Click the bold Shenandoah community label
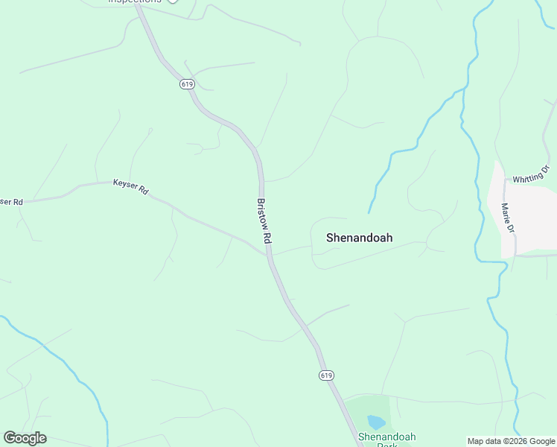359,238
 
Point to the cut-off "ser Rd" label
11,202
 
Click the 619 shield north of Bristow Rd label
186,84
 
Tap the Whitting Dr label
535,174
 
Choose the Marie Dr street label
508,217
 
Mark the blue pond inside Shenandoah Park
376,422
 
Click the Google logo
25,438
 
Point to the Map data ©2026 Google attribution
511,441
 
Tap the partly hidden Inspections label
135,1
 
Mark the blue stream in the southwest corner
67,365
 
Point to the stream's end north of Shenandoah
369,212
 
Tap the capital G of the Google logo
10,437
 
